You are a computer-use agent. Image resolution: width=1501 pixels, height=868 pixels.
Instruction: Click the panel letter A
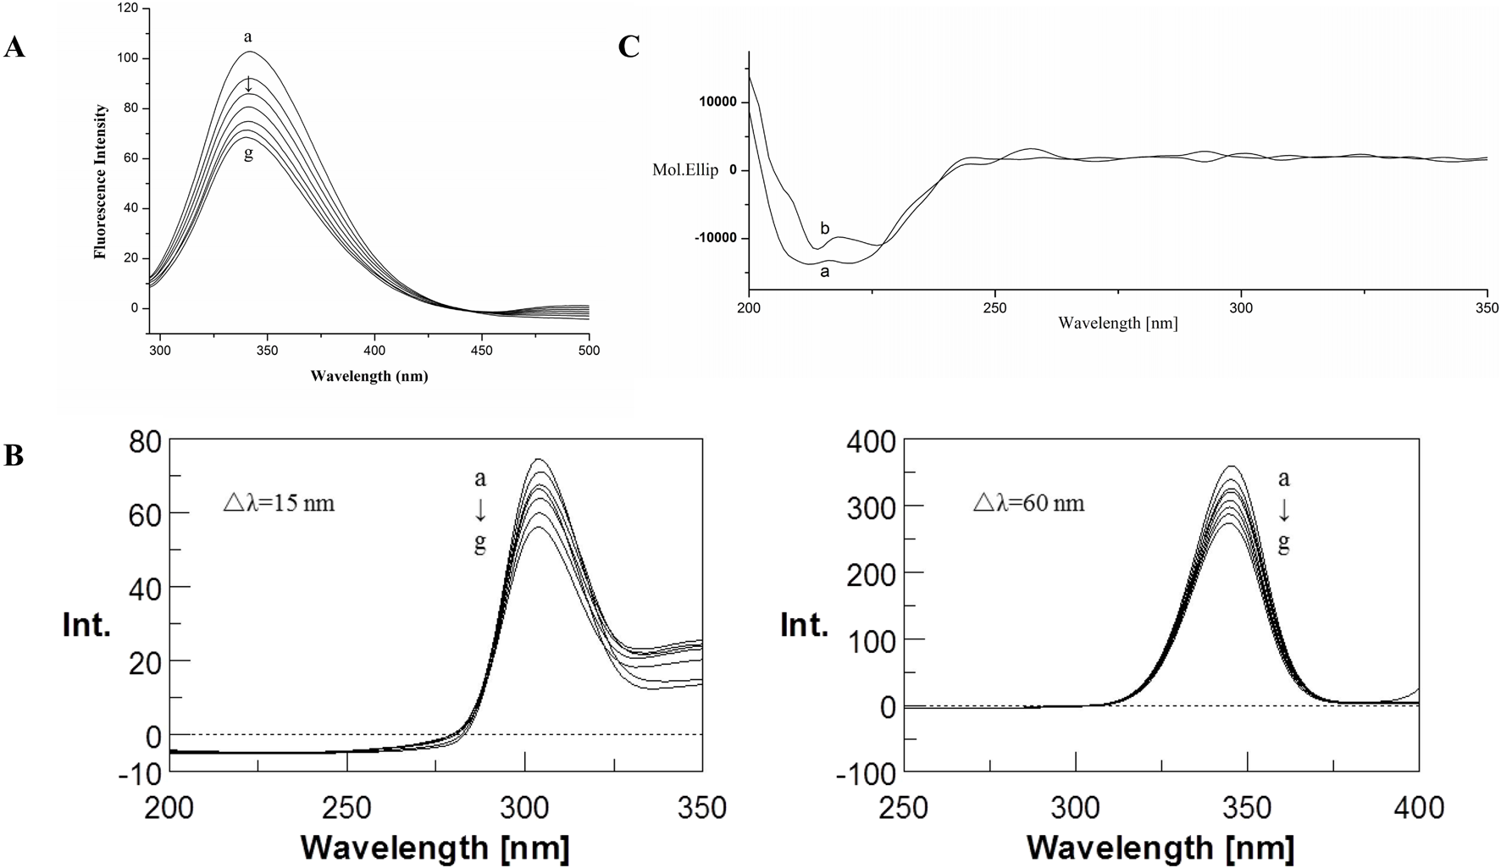[x=14, y=48]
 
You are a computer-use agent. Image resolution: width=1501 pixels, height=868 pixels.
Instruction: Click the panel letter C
[x=629, y=47]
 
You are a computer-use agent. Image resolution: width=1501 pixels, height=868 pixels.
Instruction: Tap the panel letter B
[x=14, y=456]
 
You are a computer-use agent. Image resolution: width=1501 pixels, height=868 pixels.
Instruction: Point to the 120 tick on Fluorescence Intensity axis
[x=127, y=8]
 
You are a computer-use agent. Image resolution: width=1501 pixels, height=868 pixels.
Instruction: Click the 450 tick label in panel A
[x=481, y=350]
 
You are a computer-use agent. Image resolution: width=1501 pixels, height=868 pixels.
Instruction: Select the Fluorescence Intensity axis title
[x=101, y=181]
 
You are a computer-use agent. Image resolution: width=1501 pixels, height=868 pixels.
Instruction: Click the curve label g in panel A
[x=248, y=155]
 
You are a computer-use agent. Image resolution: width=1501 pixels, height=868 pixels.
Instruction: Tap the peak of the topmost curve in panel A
[x=250, y=53]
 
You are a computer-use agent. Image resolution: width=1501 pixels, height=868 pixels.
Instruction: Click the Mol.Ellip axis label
[x=685, y=170]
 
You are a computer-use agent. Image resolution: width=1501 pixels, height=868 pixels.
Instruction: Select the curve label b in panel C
[x=825, y=229]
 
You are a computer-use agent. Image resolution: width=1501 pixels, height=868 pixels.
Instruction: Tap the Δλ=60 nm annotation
[x=1028, y=504]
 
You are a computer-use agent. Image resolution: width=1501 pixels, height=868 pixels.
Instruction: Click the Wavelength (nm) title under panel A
[x=368, y=376]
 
